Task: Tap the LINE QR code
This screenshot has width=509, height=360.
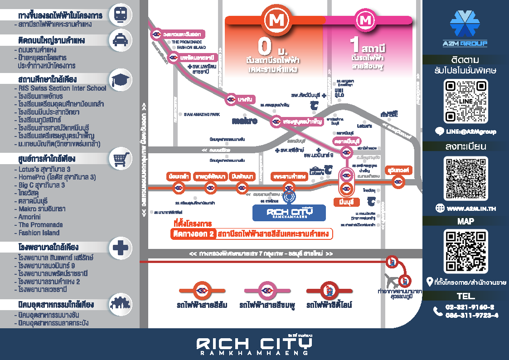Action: (466, 101)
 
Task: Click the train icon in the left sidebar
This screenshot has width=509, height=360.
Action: (120, 15)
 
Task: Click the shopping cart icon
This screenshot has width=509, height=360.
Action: (120, 159)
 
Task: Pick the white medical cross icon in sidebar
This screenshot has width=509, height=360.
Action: (120, 248)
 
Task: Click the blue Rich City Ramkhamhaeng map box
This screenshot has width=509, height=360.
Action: (289, 213)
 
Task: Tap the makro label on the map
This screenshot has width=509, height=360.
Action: (244, 121)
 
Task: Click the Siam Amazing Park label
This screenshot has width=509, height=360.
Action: (202, 114)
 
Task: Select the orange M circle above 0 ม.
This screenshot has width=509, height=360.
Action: (275, 20)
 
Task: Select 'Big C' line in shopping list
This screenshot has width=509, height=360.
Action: (42, 185)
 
